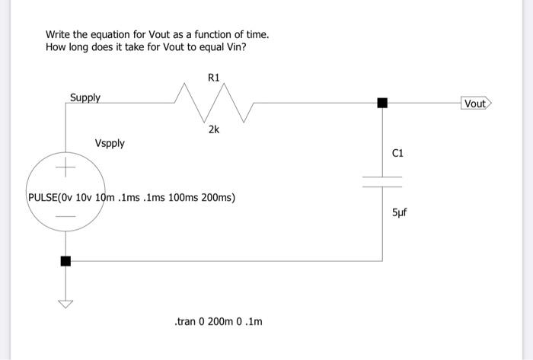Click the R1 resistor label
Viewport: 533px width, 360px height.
tap(213, 77)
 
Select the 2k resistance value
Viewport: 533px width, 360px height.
tap(213, 130)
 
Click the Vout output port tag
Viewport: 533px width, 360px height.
tap(477, 103)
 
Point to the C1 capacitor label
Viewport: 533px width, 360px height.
tap(397, 153)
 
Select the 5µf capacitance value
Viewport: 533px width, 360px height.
tap(399, 212)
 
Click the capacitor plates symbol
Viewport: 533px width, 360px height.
tap(382, 182)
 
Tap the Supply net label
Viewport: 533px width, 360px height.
tap(85, 97)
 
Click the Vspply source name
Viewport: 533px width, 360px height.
tap(110, 143)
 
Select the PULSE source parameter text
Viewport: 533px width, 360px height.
tap(131, 197)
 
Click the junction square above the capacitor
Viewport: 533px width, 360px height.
tap(382, 103)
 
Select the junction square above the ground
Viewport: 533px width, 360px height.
tap(65, 261)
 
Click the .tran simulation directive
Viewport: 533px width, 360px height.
tap(218, 322)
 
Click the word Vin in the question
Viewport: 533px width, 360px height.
tap(237, 48)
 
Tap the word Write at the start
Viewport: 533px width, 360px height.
tap(58, 35)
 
